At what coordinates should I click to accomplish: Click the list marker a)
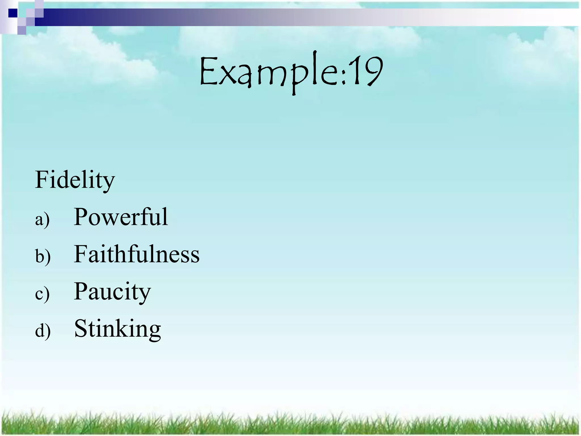(x=42, y=219)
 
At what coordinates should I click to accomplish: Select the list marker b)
(x=43, y=256)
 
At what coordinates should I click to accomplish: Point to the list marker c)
(x=42, y=294)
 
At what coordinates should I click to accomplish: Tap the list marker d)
(x=43, y=331)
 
